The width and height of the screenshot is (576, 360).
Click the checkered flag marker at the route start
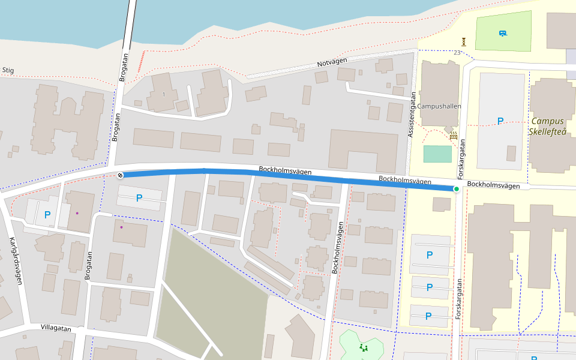tap(120, 175)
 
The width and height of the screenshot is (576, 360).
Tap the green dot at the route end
tap(456, 190)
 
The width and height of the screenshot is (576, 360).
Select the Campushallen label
tap(440, 106)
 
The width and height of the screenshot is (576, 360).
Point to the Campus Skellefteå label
tap(548, 126)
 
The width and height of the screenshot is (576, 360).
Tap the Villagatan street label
tap(56, 328)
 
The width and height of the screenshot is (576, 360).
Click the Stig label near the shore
tap(8, 70)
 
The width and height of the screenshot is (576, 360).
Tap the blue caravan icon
tap(502, 32)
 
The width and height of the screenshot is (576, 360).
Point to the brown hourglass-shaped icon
tap(464, 41)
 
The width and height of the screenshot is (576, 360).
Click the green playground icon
tap(362, 347)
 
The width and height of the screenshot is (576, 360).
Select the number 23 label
tap(457, 53)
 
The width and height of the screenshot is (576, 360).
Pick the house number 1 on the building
tap(163, 94)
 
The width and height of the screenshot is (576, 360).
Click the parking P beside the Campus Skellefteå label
tap(500, 121)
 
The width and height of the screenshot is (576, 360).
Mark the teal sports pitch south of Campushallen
tap(437, 154)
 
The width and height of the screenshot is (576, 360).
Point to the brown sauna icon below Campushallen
tap(454, 136)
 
